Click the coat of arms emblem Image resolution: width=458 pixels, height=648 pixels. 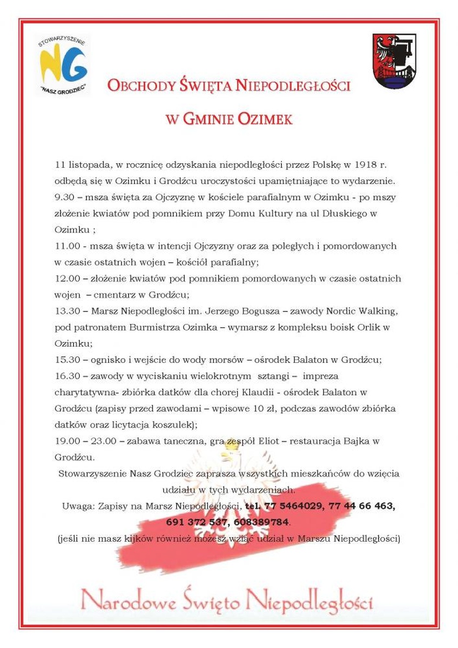tap(394, 61)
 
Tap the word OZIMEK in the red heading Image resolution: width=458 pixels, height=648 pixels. tap(264, 119)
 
